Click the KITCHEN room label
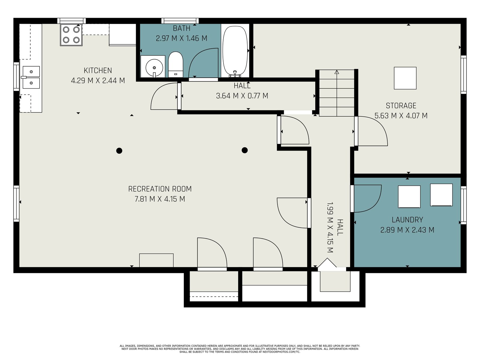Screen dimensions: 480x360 tap(98, 70)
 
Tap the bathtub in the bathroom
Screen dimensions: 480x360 tap(235, 51)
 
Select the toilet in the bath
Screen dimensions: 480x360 tap(175, 64)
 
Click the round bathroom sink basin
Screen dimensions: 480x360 tap(154, 67)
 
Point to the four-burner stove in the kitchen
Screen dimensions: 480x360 tap(71, 35)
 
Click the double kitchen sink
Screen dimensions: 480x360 tap(31, 77)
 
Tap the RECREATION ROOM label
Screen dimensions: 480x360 tap(160, 189)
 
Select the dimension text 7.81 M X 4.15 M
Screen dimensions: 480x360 tap(160, 199)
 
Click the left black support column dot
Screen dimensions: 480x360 tap(119, 151)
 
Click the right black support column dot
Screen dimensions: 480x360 tap(245, 150)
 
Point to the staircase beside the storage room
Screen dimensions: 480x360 tap(337, 93)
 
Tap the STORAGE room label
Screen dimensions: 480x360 tap(401, 106)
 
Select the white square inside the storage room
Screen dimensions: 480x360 tap(405, 78)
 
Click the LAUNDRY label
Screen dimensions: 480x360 tap(407, 220)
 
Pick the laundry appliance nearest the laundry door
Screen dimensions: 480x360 tap(409, 197)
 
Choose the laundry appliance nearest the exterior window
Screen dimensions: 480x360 tap(441, 195)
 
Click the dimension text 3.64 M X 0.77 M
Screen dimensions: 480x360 tap(242, 96)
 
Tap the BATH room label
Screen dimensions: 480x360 tap(181, 28)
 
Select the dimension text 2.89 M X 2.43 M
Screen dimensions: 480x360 tap(407, 230)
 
